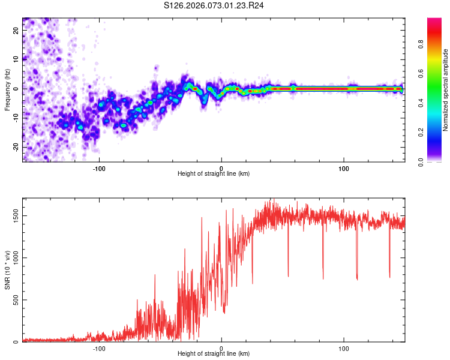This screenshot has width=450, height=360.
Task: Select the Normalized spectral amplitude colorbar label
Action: [x=445, y=90]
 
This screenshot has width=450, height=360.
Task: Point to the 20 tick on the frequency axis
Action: [x=16, y=29]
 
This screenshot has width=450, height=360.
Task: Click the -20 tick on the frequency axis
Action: [x=15, y=147]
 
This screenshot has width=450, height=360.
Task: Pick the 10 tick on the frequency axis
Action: [x=16, y=59]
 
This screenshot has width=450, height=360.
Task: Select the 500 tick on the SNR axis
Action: [x=14, y=300]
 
